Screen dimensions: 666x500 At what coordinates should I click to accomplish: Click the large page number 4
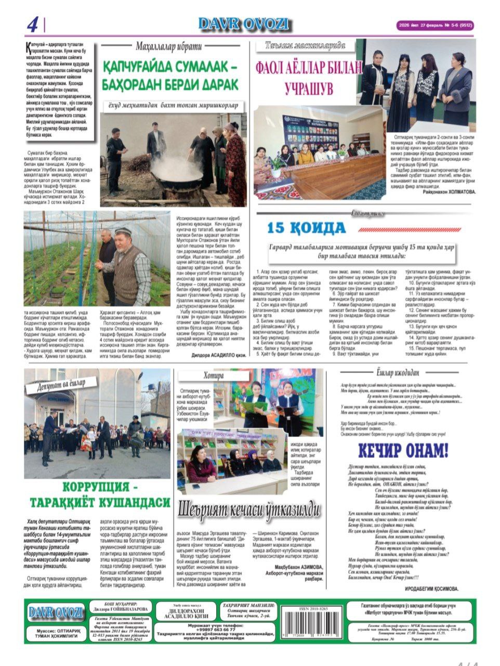33,24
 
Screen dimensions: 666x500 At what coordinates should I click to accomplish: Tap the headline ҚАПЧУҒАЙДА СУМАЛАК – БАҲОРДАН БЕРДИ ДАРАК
170,76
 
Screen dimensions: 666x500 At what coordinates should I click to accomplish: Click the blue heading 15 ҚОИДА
307,227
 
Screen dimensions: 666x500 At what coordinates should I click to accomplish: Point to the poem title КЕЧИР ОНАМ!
403,450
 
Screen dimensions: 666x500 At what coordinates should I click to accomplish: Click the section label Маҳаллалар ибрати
168,46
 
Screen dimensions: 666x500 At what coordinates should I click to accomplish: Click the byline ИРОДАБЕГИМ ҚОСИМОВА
431,588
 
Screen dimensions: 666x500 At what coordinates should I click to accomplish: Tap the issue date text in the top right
435,24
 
